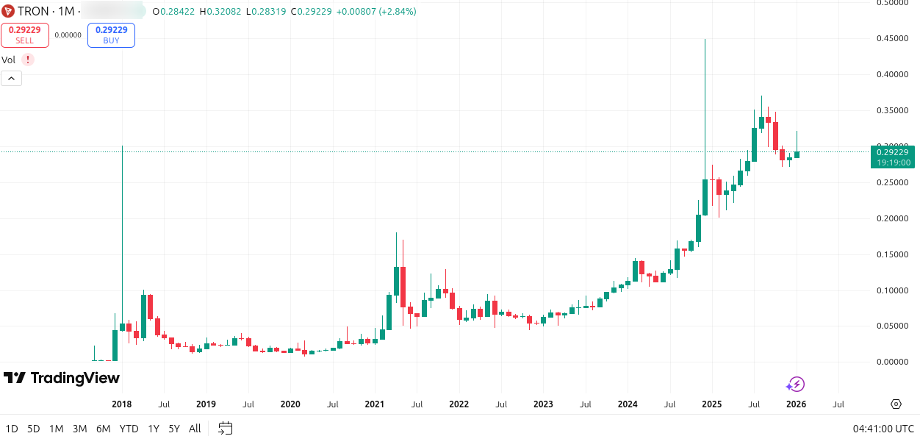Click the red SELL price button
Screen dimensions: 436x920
pyautogui.click(x=25, y=35)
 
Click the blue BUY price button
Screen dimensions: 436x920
pyautogui.click(x=111, y=35)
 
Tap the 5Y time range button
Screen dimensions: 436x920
pyautogui.click(x=174, y=429)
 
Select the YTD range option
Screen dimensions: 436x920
pyautogui.click(x=129, y=429)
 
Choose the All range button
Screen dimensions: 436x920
pyautogui.click(x=195, y=429)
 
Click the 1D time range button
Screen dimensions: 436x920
pyautogui.click(x=12, y=429)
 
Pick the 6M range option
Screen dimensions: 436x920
pyautogui.click(x=103, y=429)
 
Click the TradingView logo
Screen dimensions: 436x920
pyautogui.click(x=62, y=378)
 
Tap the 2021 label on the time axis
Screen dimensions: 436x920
pyautogui.click(x=375, y=404)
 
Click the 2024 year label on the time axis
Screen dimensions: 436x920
pyautogui.click(x=628, y=404)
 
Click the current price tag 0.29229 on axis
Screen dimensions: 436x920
pyautogui.click(x=892, y=152)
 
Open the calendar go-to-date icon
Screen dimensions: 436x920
pyautogui.click(x=226, y=428)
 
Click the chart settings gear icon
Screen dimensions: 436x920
pyautogui.click(x=896, y=404)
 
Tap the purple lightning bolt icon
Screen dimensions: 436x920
pyautogui.click(x=796, y=384)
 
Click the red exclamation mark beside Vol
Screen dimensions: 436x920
pyautogui.click(x=28, y=60)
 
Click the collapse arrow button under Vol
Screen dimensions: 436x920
pyautogui.click(x=11, y=79)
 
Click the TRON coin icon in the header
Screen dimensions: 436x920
pyautogui.click(x=9, y=12)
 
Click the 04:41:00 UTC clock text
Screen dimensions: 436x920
pyautogui.click(x=883, y=429)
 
